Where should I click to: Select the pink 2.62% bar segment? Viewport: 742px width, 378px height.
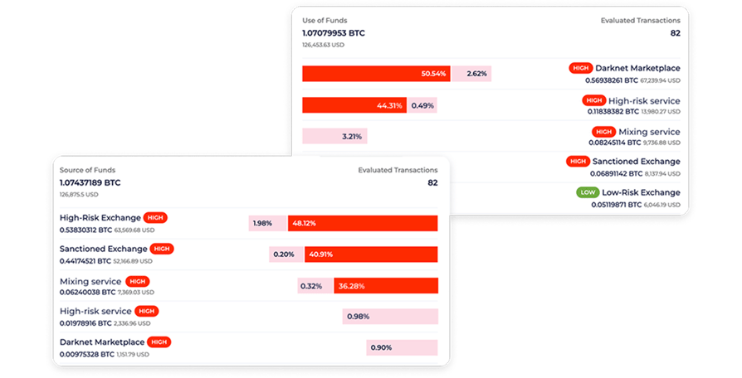(x=471, y=74)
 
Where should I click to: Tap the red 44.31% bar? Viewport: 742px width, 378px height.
(x=354, y=105)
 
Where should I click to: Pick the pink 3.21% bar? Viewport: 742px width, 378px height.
(x=334, y=136)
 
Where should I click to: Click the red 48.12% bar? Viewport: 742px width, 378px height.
(x=363, y=224)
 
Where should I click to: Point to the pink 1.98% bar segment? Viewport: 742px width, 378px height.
(x=267, y=224)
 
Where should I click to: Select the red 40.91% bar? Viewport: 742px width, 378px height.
(x=371, y=254)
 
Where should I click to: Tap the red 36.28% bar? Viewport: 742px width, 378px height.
(x=386, y=286)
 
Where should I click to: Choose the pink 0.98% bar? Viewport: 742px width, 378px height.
(x=390, y=317)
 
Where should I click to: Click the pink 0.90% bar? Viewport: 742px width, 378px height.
(x=402, y=348)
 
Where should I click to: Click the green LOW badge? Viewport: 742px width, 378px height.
(x=588, y=192)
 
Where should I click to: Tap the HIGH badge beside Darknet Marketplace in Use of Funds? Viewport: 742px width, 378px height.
(x=581, y=68)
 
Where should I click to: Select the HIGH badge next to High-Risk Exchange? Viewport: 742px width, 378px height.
(x=155, y=218)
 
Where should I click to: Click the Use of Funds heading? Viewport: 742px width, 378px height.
(x=325, y=21)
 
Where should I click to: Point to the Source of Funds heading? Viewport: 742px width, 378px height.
(x=87, y=170)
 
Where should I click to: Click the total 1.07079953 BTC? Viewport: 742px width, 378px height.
(x=334, y=33)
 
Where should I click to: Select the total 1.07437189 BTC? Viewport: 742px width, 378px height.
(x=90, y=183)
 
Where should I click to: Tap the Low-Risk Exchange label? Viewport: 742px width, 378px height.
(x=642, y=192)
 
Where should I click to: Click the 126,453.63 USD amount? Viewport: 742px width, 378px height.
(x=323, y=45)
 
